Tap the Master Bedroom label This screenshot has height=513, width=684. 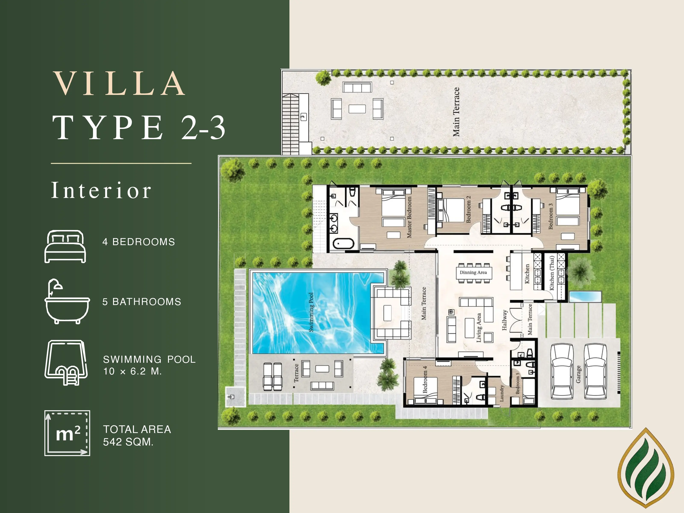point(409,217)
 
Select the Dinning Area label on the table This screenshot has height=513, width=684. point(473,273)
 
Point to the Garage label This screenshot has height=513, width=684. point(578,374)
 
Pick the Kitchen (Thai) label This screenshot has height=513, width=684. point(552,273)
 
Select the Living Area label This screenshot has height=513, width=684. point(479,328)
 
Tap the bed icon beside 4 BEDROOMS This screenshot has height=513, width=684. point(65,246)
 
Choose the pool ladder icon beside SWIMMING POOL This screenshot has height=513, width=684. point(66,362)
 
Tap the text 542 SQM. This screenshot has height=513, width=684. point(128,442)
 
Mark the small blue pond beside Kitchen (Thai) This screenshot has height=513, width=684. point(585,297)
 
